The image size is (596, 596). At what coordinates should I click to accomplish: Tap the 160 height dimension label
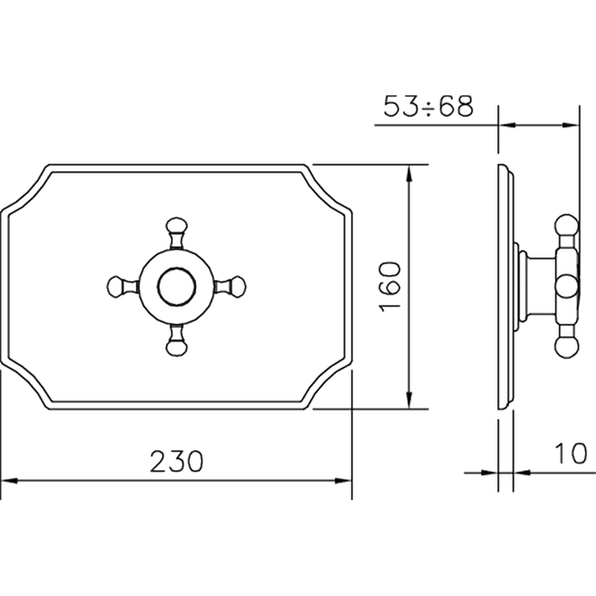pos(390,286)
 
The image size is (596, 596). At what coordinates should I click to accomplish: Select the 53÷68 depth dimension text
pos(428,107)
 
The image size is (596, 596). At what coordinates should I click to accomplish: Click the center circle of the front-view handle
pos(177,286)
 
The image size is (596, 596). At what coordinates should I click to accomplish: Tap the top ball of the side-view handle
pos(565,226)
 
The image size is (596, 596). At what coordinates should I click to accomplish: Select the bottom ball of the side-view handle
pos(565,346)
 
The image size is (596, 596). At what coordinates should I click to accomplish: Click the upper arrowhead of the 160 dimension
pos(411,171)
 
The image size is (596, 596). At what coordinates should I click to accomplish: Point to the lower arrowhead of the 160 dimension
pos(411,401)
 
